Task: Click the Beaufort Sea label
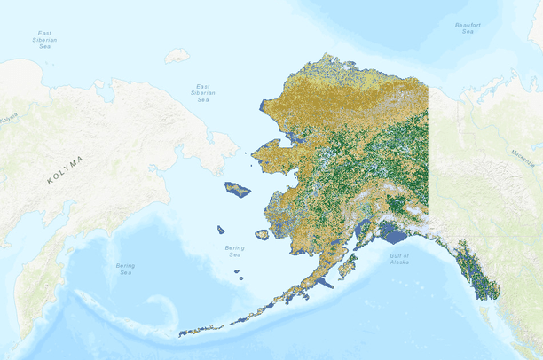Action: [x=468, y=28]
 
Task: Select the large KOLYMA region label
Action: [x=65, y=168]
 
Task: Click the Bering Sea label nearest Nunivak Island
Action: [x=234, y=251]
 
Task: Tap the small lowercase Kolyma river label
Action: [x=7, y=117]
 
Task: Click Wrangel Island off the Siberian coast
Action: [x=177, y=55]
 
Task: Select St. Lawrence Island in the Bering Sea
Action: [x=237, y=189]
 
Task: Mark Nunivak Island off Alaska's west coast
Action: [x=262, y=235]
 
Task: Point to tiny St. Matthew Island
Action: [x=220, y=230]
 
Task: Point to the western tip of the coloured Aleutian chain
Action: [x=182, y=334]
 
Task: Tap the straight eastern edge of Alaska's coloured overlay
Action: [x=429, y=151]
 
